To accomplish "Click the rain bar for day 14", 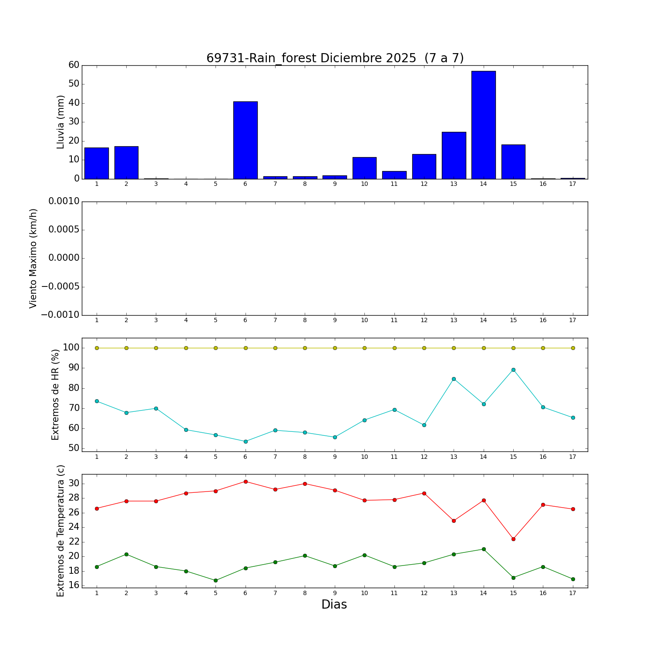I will pyautogui.click(x=483, y=125).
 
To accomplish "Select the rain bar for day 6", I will pyautogui.click(x=245, y=140).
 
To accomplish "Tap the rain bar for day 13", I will pyautogui.click(x=454, y=155).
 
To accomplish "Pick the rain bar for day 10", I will pyautogui.click(x=364, y=168).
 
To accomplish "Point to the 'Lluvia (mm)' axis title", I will pyautogui.click(x=61, y=122).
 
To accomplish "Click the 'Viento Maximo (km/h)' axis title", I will pyautogui.click(x=34, y=259).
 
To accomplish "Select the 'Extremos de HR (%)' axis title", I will pyautogui.click(x=55, y=395).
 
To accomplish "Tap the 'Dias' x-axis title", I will pyautogui.click(x=334, y=605).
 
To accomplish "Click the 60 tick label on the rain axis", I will pyautogui.click(x=74, y=65).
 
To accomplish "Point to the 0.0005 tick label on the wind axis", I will pyautogui.click(x=64, y=230).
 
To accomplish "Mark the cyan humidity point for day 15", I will pyautogui.click(x=513, y=370).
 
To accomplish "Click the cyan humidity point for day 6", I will pyautogui.click(x=246, y=441).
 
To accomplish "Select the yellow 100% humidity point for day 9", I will pyautogui.click(x=335, y=348).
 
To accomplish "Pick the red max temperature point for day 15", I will pyautogui.click(x=513, y=539).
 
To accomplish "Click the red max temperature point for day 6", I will pyautogui.click(x=246, y=481).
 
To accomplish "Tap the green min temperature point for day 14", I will pyautogui.click(x=484, y=549).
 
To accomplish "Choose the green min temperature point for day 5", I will pyautogui.click(x=215, y=580).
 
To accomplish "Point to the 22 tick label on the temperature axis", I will pyautogui.click(x=74, y=542).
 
